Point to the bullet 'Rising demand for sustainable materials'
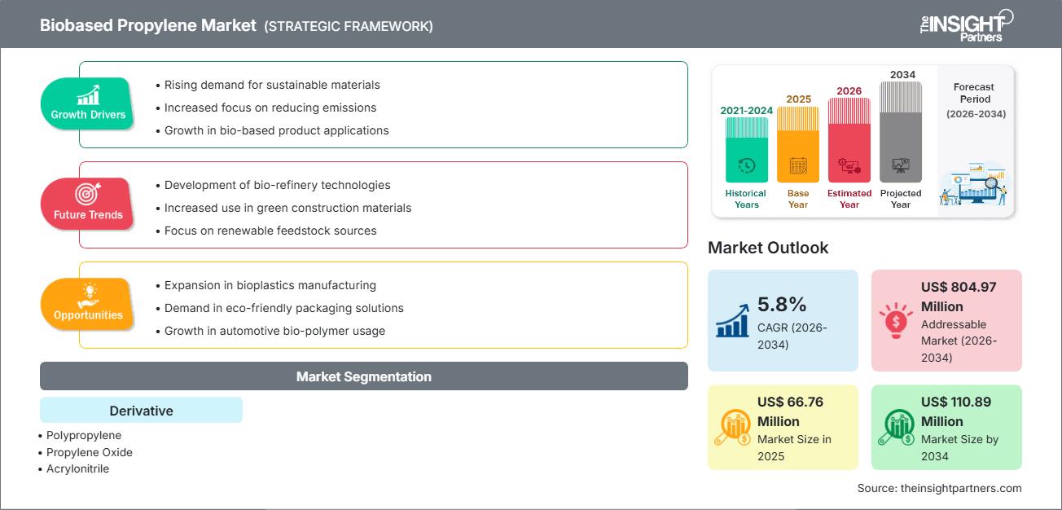point(272,85)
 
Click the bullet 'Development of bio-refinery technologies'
point(277,185)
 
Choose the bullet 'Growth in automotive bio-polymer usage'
point(274,331)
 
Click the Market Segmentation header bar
point(363,376)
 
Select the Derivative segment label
point(141,411)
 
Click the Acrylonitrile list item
point(77,468)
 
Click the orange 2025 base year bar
point(797,144)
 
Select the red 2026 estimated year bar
point(849,139)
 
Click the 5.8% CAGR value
point(782,305)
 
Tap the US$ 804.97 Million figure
point(959,297)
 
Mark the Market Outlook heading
point(768,248)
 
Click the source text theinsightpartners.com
point(939,488)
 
